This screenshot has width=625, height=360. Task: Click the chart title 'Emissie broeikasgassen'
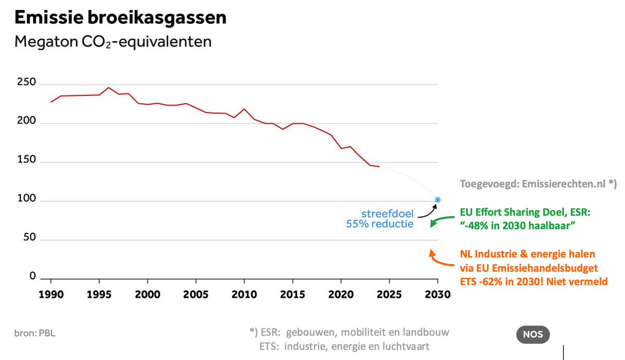[120, 17]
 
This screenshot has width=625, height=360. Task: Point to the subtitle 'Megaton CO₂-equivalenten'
[113, 42]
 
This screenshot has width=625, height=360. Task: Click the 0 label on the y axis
[32, 277]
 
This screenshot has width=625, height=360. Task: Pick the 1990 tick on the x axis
[51, 293]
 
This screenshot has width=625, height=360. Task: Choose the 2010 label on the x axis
[244, 293]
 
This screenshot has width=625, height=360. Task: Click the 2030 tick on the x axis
[438, 293]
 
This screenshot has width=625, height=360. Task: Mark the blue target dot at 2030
[438, 200]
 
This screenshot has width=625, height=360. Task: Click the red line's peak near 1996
[109, 88]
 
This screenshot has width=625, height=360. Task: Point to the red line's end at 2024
[380, 167]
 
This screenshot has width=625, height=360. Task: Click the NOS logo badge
[532, 334]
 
